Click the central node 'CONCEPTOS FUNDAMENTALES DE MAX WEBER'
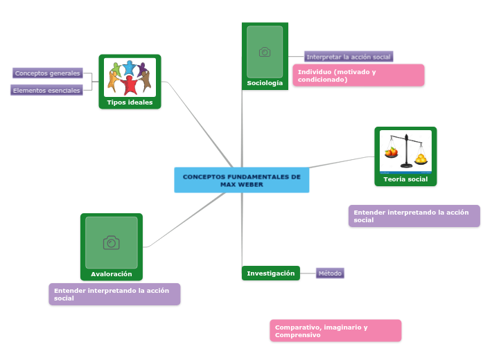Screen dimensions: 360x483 [x=241, y=181]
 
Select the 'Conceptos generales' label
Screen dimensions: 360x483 [x=48, y=73]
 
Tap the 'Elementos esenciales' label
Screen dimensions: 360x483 [x=46, y=90]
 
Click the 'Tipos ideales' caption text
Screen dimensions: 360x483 [x=130, y=102]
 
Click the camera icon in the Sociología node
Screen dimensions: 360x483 [x=265, y=52]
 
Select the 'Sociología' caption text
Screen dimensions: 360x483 [x=265, y=83]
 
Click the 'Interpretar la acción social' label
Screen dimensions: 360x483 [x=349, y=57]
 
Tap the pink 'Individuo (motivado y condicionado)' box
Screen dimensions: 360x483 [x=358, y=75]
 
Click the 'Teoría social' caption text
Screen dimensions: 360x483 [x=405, y=179]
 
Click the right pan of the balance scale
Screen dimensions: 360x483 [x=421, y=159]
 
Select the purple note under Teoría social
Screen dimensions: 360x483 [x=414, y=216]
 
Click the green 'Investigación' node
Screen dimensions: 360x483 [x=271, y=273]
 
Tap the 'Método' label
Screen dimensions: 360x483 [x=330, y=273]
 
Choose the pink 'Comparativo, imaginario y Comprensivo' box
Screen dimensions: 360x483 [x=335, y=331]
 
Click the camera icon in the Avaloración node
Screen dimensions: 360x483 [x=111, y=242]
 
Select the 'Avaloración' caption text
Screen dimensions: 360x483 [x=112, y=274]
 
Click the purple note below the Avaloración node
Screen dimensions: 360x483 [x=114, y=294]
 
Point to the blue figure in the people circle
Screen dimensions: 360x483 [x=129, y=68]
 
